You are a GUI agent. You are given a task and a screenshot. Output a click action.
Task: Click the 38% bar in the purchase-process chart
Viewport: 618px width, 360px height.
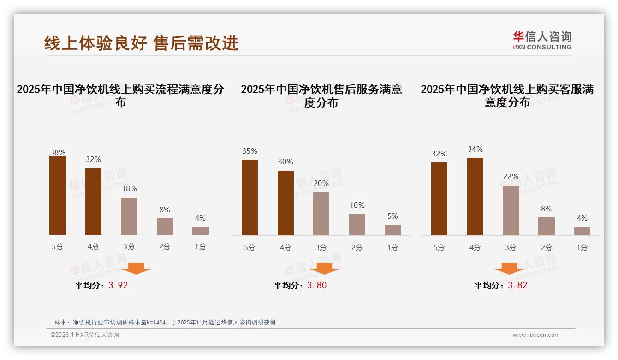point(58,196)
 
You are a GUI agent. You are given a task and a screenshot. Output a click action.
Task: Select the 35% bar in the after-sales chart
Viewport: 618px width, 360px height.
point(250,198)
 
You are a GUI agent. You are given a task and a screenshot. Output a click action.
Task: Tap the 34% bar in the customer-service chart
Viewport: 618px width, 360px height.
point(475,197)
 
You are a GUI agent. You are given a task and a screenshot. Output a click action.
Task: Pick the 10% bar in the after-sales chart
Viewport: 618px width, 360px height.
point(357,225)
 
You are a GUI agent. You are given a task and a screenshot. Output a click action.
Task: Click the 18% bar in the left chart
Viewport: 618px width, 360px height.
point(129,216)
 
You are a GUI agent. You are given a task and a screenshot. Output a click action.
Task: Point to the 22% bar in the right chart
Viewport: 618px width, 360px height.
point(511,210)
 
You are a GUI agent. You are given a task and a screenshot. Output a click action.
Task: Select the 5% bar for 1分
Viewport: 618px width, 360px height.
point(392,230)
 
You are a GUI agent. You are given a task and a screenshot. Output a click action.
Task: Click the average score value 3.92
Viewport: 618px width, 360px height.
point(118,285)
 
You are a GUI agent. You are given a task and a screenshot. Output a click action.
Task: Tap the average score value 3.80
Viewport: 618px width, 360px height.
point(317,285)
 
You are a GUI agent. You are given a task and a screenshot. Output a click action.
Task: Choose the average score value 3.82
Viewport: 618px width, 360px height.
point(517,285)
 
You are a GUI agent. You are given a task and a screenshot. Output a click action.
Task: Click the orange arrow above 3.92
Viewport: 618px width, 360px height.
point(136,268)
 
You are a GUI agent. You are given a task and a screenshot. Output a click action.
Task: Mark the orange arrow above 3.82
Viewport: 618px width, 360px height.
point(509,268)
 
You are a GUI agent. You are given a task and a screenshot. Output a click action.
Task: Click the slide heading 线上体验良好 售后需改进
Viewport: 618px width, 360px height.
point(141,43)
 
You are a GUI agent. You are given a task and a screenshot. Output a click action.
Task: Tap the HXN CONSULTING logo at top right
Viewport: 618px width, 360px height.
point(542,41)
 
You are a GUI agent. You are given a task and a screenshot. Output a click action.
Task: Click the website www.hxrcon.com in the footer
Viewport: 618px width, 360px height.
point(536,335)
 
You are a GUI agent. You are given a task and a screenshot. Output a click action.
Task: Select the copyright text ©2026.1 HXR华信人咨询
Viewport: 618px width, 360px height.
point(85,335)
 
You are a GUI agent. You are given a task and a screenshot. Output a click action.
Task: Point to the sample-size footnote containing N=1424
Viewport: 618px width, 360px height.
point(165,322)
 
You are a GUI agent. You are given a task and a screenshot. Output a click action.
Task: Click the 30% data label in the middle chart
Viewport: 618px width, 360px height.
point(285,162)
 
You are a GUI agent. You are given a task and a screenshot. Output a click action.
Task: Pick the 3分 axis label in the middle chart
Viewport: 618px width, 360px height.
point(321,247)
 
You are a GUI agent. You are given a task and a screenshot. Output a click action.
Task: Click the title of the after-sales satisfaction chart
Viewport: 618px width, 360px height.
point(321,96)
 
